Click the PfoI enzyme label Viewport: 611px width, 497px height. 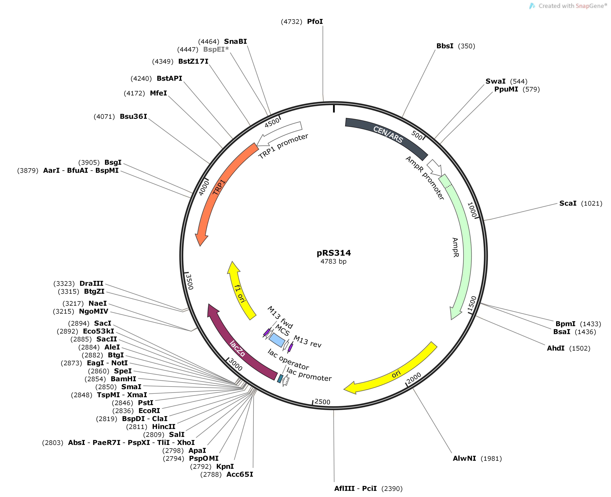click(315, 22)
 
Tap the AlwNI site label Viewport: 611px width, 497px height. click(464, 458)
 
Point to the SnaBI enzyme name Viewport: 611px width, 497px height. click(235, 41)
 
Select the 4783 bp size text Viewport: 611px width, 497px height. click(333, 261)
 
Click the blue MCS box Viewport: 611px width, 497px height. click(277, 340)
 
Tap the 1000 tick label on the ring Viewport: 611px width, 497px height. click(472, 210)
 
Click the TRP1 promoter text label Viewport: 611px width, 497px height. click(283, 146)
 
